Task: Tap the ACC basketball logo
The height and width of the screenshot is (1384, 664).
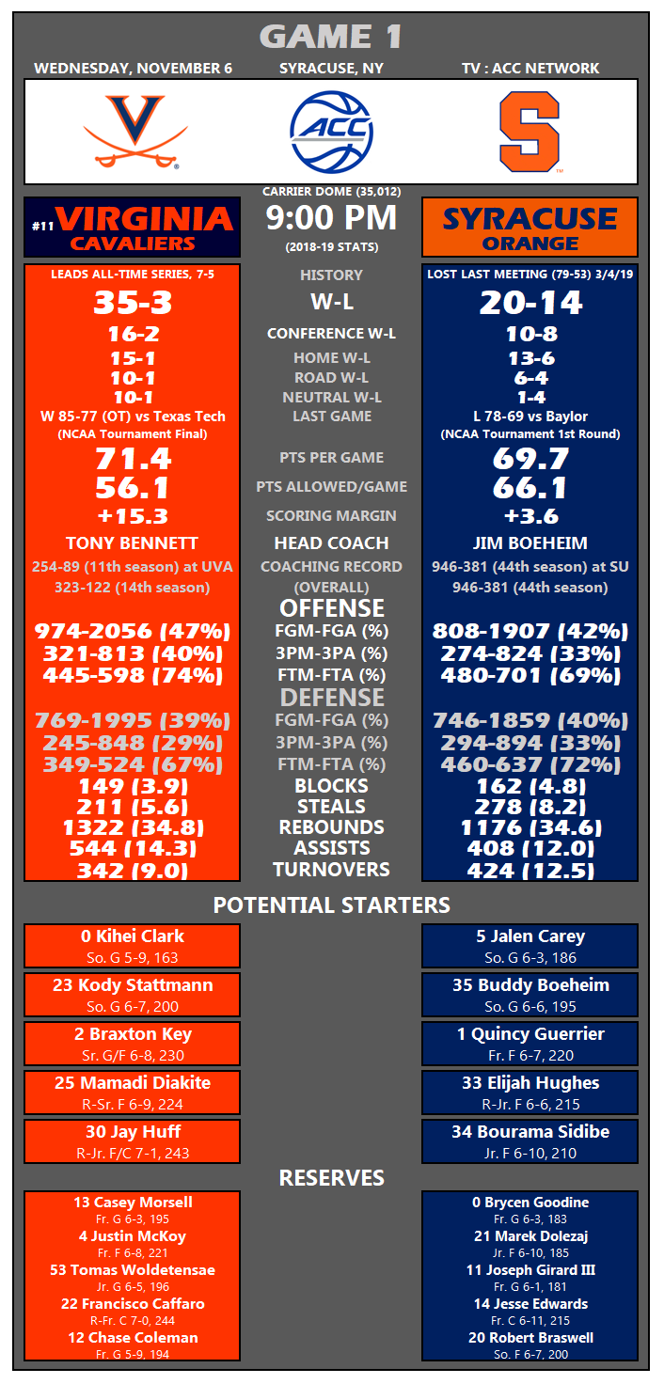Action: pos(331,132)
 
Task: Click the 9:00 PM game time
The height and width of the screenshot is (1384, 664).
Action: pos(331,218)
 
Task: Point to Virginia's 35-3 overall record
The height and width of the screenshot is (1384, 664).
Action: pos(132,303)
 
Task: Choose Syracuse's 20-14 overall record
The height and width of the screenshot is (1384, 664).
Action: pos(530,303)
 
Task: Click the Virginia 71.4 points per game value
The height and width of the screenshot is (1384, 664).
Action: pos(132,459)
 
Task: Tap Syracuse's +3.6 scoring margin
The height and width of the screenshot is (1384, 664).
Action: pos(530,516)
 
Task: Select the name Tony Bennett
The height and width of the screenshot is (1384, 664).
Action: pos(132,543)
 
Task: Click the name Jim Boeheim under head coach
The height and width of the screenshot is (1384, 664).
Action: pos(530,543)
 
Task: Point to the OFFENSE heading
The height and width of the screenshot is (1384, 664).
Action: pos(331,607)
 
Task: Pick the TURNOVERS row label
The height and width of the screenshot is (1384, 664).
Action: pos(331,870)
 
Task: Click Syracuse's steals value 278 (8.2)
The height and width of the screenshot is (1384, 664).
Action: pos(530,807)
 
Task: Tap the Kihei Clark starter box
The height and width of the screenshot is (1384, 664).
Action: pos(132,946)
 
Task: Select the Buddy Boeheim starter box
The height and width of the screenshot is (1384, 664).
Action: pos(530,995)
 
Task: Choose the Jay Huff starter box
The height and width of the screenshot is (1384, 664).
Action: pos(132,1141)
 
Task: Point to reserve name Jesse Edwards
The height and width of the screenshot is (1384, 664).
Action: pos(530,1304)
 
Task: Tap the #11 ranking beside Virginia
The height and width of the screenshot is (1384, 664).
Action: pos(41,227)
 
